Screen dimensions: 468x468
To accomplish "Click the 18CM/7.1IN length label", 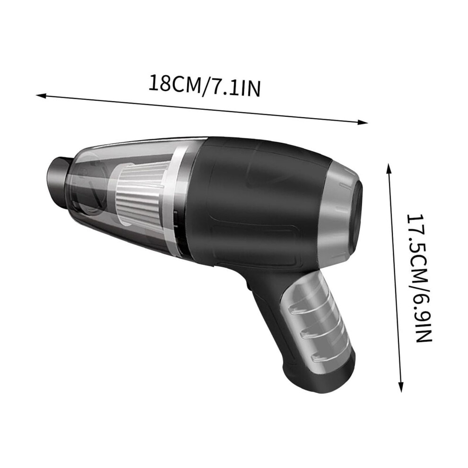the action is [204, 86].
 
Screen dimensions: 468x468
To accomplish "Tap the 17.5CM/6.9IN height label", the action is [419, 278].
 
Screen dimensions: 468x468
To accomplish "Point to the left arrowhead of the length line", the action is [41, 95].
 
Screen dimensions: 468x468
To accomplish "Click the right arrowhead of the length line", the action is [362, 122].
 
